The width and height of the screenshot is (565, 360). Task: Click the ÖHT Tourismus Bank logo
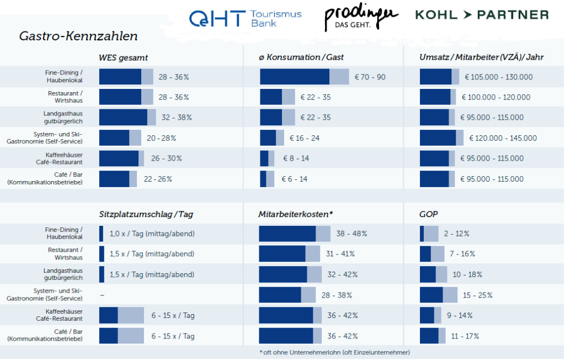245,18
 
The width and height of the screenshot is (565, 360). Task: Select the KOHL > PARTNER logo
482,15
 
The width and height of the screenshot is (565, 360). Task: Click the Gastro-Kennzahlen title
78,36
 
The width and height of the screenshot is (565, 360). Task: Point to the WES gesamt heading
123,57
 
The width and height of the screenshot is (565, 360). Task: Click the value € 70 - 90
370,77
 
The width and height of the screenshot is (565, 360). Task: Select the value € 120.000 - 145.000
503,138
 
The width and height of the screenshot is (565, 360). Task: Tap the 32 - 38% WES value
177,118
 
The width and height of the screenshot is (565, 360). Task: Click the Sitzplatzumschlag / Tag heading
146,214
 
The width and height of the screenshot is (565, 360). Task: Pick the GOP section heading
428,214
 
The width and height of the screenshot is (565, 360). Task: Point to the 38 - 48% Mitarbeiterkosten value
351,234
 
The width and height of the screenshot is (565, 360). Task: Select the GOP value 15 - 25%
477,295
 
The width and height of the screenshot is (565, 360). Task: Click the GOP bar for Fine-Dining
429,234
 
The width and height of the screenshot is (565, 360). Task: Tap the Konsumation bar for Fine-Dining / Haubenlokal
304,77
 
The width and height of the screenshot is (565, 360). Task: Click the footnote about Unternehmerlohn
334,352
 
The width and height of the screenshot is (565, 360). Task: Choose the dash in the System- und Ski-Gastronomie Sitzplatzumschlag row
102,295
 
